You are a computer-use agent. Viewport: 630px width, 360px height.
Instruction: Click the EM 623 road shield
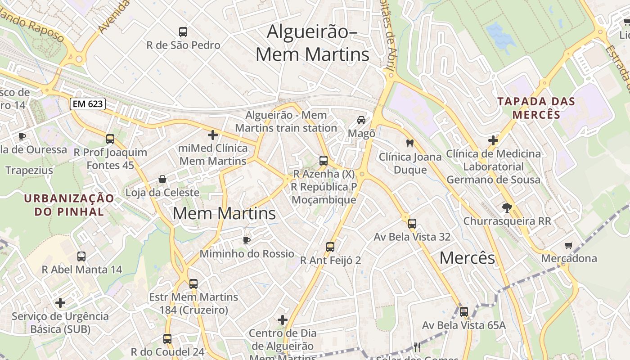pyautogui.click(x=87, y=104)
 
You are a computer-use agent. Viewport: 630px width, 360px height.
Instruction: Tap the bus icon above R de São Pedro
pyautogui.click(x=183, y=32)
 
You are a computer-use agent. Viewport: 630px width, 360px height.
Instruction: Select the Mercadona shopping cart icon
pyautogui.click(x=569, y=245)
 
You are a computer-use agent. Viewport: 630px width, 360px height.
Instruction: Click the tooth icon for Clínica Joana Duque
pyautogui.click(x=409, y=144)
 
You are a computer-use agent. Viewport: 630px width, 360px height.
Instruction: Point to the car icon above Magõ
pyautogui.click(x=361, y=120)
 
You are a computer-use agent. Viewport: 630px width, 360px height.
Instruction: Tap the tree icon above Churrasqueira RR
pyautogui.click(x=507, y=207)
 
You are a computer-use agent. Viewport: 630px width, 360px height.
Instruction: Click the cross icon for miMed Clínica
pyautogui.click(x=213, y=135)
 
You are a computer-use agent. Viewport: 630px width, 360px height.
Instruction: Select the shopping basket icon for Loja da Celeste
pyautogui.click(x=162, y=179)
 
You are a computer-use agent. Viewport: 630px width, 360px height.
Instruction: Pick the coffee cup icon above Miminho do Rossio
pyautogui.click(x=247, y=240)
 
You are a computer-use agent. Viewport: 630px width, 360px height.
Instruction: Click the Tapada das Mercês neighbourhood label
pyautogui.click(x=536, y=108)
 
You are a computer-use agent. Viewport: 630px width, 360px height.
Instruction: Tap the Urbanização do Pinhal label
pyautogui.click(x=69, y=205)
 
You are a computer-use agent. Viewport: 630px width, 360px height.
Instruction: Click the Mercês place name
pyautogui.click(x=467, y=258)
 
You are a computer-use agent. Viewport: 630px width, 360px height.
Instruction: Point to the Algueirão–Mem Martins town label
pyautogui.click(x=313, y=43)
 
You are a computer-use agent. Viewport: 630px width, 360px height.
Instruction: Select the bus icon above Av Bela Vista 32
pyautogui.click(x=412, y=223)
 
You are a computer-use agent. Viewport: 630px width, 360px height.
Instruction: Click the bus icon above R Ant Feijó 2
pyautogui.click(x=330, y=247)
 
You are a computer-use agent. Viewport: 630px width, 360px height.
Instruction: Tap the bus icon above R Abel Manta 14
pyautogui.click(x=81, y=256)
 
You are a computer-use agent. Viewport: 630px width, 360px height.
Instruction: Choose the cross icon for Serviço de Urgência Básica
pyautogui.click(x=60, y=303)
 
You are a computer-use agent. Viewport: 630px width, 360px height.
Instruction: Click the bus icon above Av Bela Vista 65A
pyautogui.click(x=464, y=311)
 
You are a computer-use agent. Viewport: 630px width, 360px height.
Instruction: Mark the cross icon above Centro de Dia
pyautogui.click(x=283, y=320)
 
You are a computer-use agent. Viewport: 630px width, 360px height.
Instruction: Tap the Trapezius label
pyautogui.click(x=29, y=171)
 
